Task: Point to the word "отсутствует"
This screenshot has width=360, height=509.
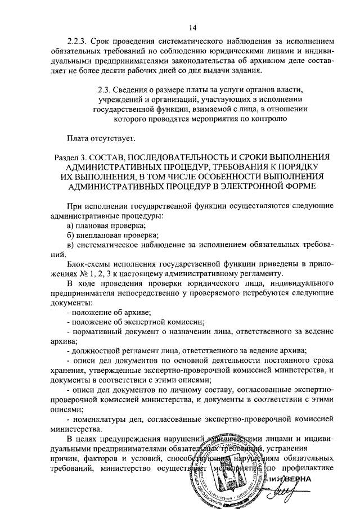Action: pos(110,137)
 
